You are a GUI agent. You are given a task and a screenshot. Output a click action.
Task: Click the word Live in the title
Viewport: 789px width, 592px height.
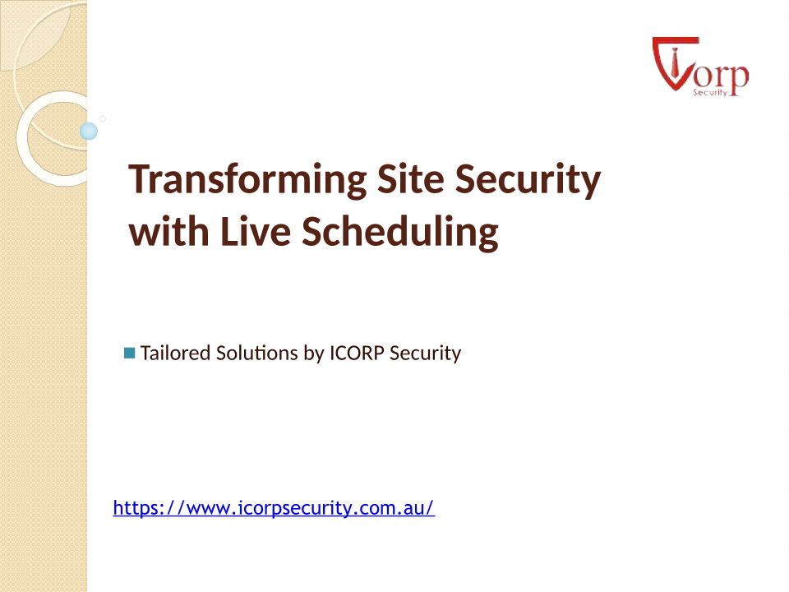[256, 231]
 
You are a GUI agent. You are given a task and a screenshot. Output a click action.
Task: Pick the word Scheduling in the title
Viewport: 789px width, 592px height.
[400, 233]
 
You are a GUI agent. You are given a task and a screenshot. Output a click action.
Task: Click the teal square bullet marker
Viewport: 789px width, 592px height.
[129, 353]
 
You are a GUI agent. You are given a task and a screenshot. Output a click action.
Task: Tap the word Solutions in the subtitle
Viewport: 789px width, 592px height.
[256, 353]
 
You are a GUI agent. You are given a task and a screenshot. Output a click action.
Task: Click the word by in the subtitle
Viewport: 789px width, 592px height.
[313, 354]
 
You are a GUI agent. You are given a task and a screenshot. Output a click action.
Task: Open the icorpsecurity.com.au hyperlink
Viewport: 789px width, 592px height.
[274, 508]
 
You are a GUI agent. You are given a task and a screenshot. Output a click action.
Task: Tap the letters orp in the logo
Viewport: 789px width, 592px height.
[722, 77]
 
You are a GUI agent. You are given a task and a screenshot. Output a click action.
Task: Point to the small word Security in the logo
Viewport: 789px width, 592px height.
[710, 92]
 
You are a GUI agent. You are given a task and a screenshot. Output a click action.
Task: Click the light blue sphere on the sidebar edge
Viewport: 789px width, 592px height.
[89, 131]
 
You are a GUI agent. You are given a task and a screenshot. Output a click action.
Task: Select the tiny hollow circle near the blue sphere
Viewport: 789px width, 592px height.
[103, 118]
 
